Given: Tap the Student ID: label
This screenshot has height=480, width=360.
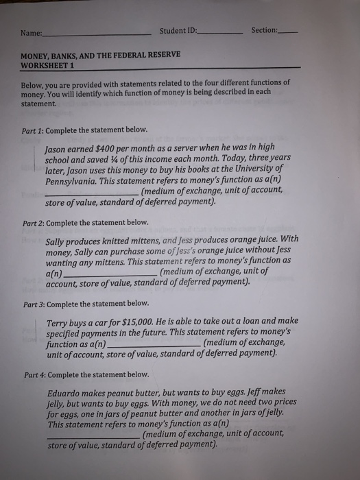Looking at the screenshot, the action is click(178, 31).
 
